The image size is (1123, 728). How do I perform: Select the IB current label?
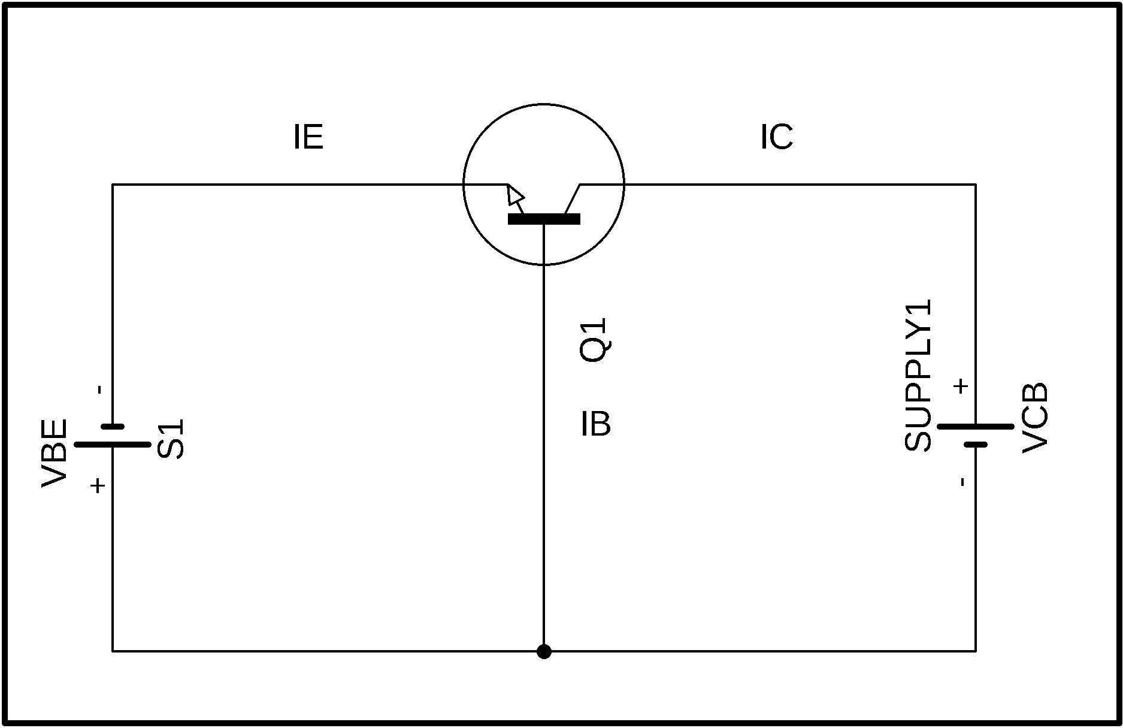pos(596,424)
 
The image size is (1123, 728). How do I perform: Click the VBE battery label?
pos(54,454)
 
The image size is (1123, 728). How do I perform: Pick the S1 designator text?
pos(171,439)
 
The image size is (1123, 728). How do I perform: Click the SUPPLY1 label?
pos(918,375)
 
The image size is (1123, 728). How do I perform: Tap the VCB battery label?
pos(1034,418)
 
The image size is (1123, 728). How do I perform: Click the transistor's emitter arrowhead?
pos(514,195)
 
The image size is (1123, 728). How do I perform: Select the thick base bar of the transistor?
pos(544,219)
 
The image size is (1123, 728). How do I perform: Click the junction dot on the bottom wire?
pos(544,651)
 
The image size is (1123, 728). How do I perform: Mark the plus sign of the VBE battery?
pos(98,485)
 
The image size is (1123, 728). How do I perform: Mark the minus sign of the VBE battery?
pos(100,390)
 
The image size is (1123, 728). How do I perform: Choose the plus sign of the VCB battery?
pos(961,386)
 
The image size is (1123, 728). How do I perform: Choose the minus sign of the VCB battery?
pos(962,482)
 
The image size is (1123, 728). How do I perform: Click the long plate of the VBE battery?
pos(113,445)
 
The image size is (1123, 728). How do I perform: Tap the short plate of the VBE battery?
pos(113,427)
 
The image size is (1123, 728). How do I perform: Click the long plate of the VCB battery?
pos(976,427)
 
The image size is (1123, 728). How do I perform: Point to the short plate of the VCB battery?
pos(976,445)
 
